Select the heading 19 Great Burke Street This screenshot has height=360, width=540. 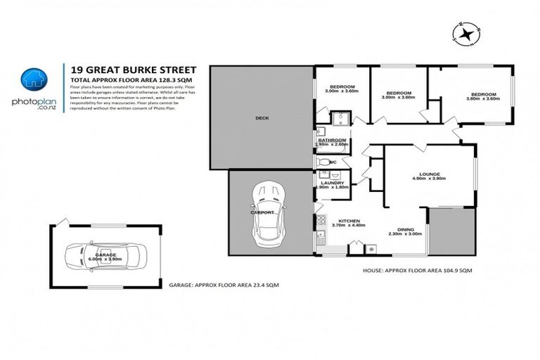coord(131,70)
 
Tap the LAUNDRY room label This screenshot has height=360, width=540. coord(332,183)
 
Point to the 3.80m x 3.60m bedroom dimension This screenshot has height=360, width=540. coord(482,98)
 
